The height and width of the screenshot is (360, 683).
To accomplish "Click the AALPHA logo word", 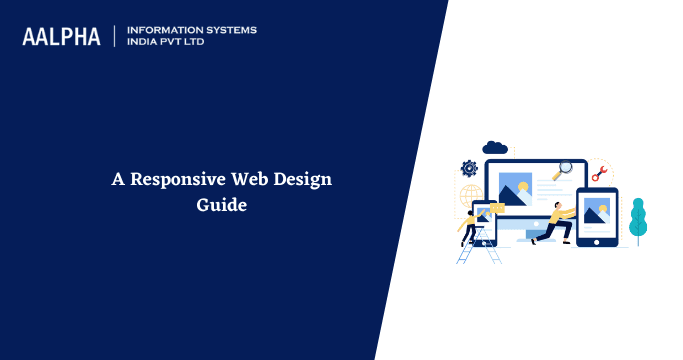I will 61,36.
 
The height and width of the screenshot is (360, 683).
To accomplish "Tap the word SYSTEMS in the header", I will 231,30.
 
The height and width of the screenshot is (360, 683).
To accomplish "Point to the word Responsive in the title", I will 175,180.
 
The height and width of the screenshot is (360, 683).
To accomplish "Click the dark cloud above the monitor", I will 495,148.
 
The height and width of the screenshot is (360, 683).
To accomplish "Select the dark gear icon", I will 468,168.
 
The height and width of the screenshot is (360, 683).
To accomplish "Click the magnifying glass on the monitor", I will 564,170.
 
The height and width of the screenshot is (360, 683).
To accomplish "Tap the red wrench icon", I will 598,173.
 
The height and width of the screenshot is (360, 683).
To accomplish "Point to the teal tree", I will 638,220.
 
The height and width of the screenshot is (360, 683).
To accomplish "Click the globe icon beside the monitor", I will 471,194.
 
